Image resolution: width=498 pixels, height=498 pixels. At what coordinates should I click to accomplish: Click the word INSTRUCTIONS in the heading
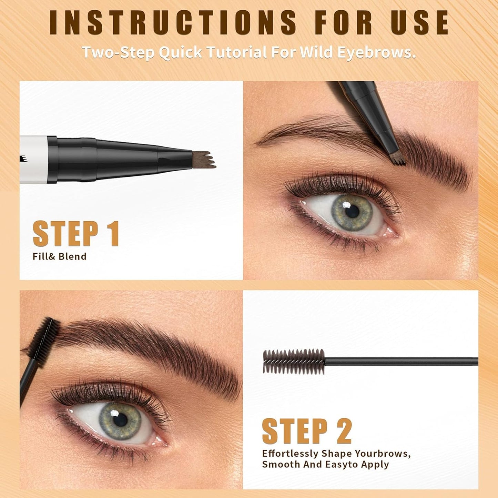(x=173, y=23)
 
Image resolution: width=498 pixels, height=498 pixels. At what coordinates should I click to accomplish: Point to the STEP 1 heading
(x=76, y=234)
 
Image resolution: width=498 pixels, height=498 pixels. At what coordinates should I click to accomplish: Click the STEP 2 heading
(x=307, y=431)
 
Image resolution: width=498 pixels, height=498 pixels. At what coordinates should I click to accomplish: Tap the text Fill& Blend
(x=59, y=256)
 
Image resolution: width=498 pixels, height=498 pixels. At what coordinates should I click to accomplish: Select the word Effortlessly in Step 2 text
(x=289, y=454)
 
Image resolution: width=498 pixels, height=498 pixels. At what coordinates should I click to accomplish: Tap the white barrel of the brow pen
(x=33, y=159)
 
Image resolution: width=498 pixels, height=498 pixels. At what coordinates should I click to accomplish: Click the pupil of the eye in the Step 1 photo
(x=352, y=211)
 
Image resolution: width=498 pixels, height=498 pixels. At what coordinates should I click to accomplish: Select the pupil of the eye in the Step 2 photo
(x=120, y=420)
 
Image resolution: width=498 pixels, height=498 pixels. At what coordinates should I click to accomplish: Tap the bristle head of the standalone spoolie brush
(x=294, y=362)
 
